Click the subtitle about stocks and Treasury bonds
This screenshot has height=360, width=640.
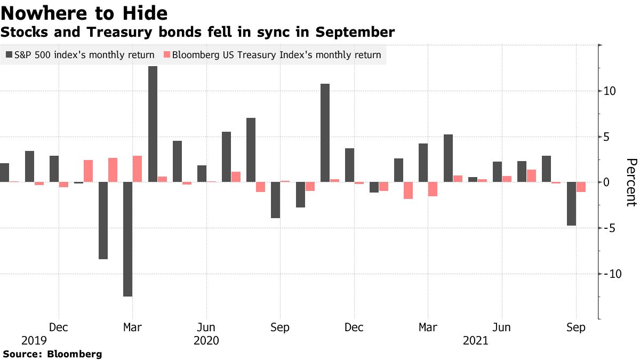pyautogui.click(x=197, y=33)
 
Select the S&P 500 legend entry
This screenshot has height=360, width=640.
pyautogui.click(x=80, y=55)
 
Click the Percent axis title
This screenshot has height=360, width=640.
pyautogui.click(x=631, y=182)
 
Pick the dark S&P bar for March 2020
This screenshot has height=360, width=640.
pyautogui.click(x=128, y=239)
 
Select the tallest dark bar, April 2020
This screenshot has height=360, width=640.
pyautogui.click(x=153, y=124)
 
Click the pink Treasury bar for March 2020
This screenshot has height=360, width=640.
pyautogui.click(x=138, y=169)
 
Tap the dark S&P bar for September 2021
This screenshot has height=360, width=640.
pyautogui.click(x=571, y=204)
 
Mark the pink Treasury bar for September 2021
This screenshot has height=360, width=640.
pyautogui.click(x=581, y=187)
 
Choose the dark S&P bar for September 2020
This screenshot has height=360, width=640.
pyautogui.click(x=275, y=200)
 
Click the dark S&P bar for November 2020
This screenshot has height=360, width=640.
pyautogui.click(x=325, y=133)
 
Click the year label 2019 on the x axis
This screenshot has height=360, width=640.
pyautogui.click(x=34, y=340)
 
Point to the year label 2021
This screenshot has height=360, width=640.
pyautogui.click(x=476, y=340)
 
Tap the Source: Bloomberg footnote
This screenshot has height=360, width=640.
pyautogui.click(x=52, y=354)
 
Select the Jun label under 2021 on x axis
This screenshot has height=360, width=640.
pyautogui.click(x=501, y=327)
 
